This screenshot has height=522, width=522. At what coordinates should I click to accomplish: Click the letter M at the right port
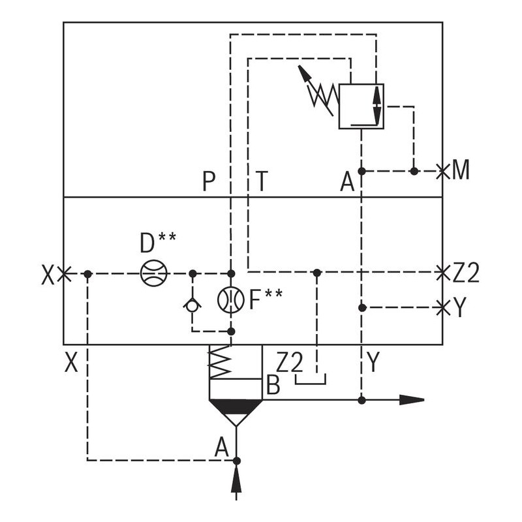click(x=461, y=171)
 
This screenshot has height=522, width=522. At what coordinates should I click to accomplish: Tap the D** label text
click(x=157, y=243)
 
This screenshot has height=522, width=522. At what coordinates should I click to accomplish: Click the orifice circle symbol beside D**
click(x=154, y=273)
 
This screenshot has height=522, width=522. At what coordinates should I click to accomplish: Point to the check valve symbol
click(x=192, y=303)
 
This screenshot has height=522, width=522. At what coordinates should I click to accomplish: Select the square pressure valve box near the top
click(x=361, y=106)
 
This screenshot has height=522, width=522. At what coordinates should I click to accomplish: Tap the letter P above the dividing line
click(x=209, y=181)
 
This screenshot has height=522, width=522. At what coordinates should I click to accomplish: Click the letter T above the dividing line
click(x=262, y=181)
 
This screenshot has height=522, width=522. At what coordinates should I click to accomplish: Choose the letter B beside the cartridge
click(x=273, y=386)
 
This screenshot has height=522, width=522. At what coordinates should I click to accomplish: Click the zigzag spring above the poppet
click(x=221, y=362)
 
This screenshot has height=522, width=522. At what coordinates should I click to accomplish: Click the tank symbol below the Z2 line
click(x=310, y=379)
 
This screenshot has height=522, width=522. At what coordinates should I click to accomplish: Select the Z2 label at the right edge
click(x=466, y=272)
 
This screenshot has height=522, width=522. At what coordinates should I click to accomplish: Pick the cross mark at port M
click(x=443, y=171)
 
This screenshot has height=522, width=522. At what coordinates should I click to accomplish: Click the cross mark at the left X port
click(x=63, y=274)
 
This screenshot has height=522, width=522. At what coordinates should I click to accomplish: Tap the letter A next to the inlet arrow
click(x=222, y=448)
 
